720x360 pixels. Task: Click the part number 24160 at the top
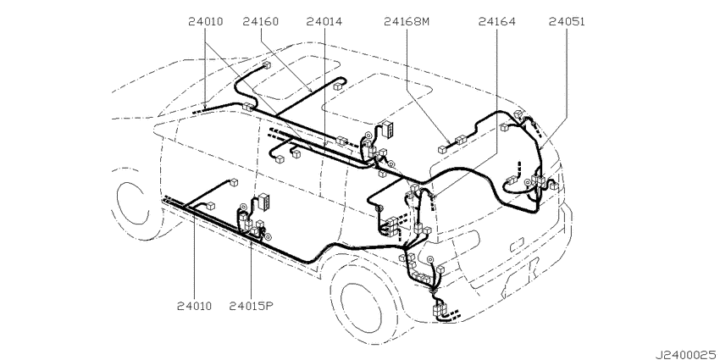tap(261, 21)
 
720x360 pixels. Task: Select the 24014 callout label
tap(324, 21)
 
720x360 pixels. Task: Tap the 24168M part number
tap(407, 21)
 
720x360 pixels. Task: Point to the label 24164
tap(496, 21)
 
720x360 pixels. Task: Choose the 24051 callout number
tap(567, 21)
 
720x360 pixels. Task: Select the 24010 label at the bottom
tap(194, 306)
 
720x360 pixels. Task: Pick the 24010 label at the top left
tap(205, 21)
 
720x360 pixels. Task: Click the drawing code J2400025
tap(687, 354)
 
